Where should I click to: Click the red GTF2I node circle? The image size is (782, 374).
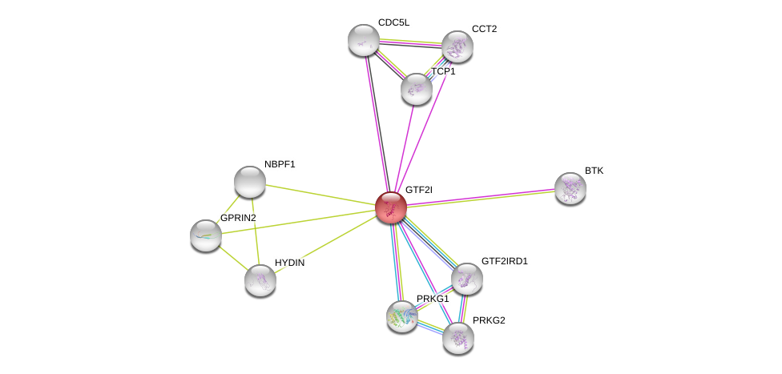click(391, 207)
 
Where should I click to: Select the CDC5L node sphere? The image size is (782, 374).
click(363, 40)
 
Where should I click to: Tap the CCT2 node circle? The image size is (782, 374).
click(457, 46)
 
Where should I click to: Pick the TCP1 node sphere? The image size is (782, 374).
click(416, 89)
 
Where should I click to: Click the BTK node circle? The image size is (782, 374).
click(570, 188)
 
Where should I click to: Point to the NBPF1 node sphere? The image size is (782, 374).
click(249, 181)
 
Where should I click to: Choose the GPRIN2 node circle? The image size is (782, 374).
click(206, 235)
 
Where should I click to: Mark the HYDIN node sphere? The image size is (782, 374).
click(260, 279)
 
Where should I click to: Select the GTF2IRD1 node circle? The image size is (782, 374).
click(466, 279)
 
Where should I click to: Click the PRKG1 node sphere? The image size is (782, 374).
click(402, 316)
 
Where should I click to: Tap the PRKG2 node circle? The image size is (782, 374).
click(458, 337)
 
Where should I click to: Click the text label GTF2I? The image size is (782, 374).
click(418, 190)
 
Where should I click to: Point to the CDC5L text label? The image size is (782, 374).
click(393, 22)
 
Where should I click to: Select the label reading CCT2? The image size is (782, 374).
click(484, 29)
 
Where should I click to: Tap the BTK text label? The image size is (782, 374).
click(594, 171)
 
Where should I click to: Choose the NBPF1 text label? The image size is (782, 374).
click(280, 164)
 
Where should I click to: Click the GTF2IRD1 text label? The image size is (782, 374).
click(504, 261)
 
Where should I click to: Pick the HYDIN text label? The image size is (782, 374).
click(288, 263)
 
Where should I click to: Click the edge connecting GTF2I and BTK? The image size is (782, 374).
click(481, 198)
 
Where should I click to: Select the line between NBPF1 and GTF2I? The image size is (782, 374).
click(320, 194)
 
